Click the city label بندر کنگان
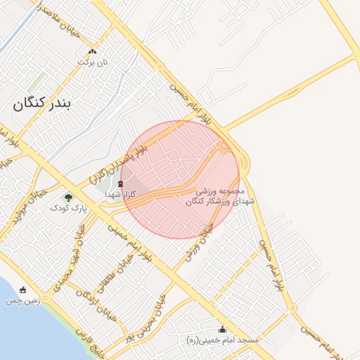coord(42,105)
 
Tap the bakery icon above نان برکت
coord(92,52)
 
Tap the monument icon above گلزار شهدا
coord(120,184)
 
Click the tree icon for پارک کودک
coord(67,198)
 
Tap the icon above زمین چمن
coord(23,290)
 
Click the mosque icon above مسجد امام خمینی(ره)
coord(223,329)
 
